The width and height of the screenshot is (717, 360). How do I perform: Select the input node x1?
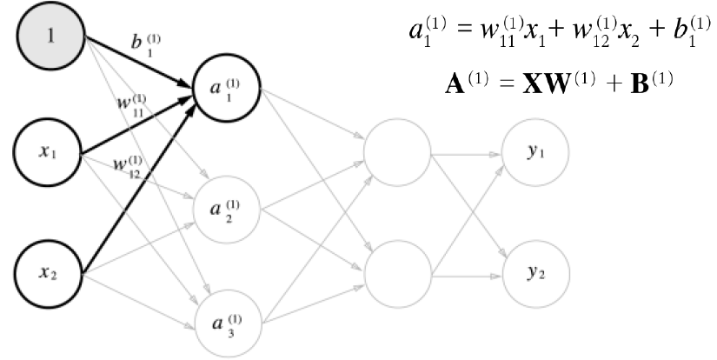tap(48, 152)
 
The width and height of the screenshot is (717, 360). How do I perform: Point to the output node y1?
tap(534, 152)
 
